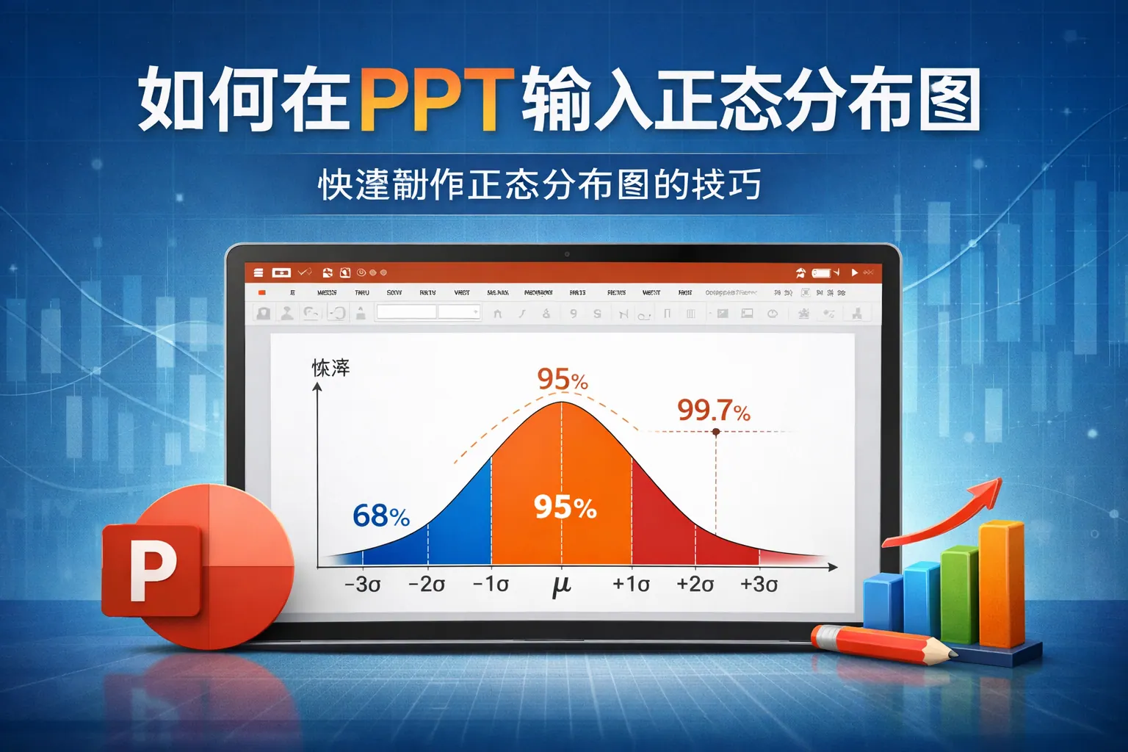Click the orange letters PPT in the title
point(433,98)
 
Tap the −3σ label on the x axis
point(363,585)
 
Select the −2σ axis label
point(427,585)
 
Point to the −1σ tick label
point(491,585)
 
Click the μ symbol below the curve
point(562,585)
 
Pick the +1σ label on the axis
point(631,585)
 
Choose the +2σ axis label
point(695,585)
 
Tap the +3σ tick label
point(759,585)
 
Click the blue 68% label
point(380,516)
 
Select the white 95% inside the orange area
point(565,507)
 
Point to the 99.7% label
point(713,411)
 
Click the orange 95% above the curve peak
point(563,380)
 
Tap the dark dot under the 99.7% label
point(716,432)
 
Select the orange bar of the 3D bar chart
point(1001,584)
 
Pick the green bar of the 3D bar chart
point(959,595)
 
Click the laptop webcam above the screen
point(566,254)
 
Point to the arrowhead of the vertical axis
point(317,387)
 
